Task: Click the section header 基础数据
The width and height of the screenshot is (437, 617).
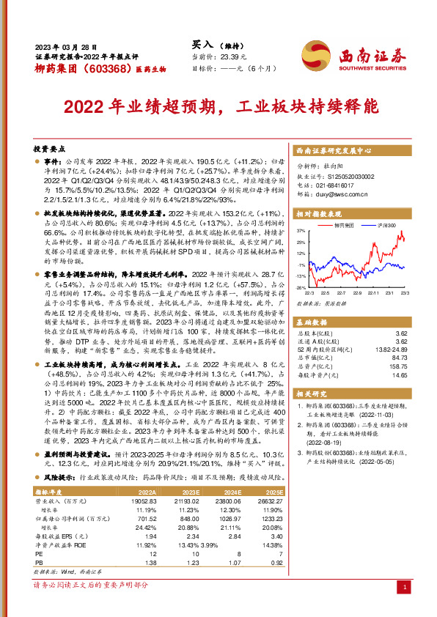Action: coord(313,323)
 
